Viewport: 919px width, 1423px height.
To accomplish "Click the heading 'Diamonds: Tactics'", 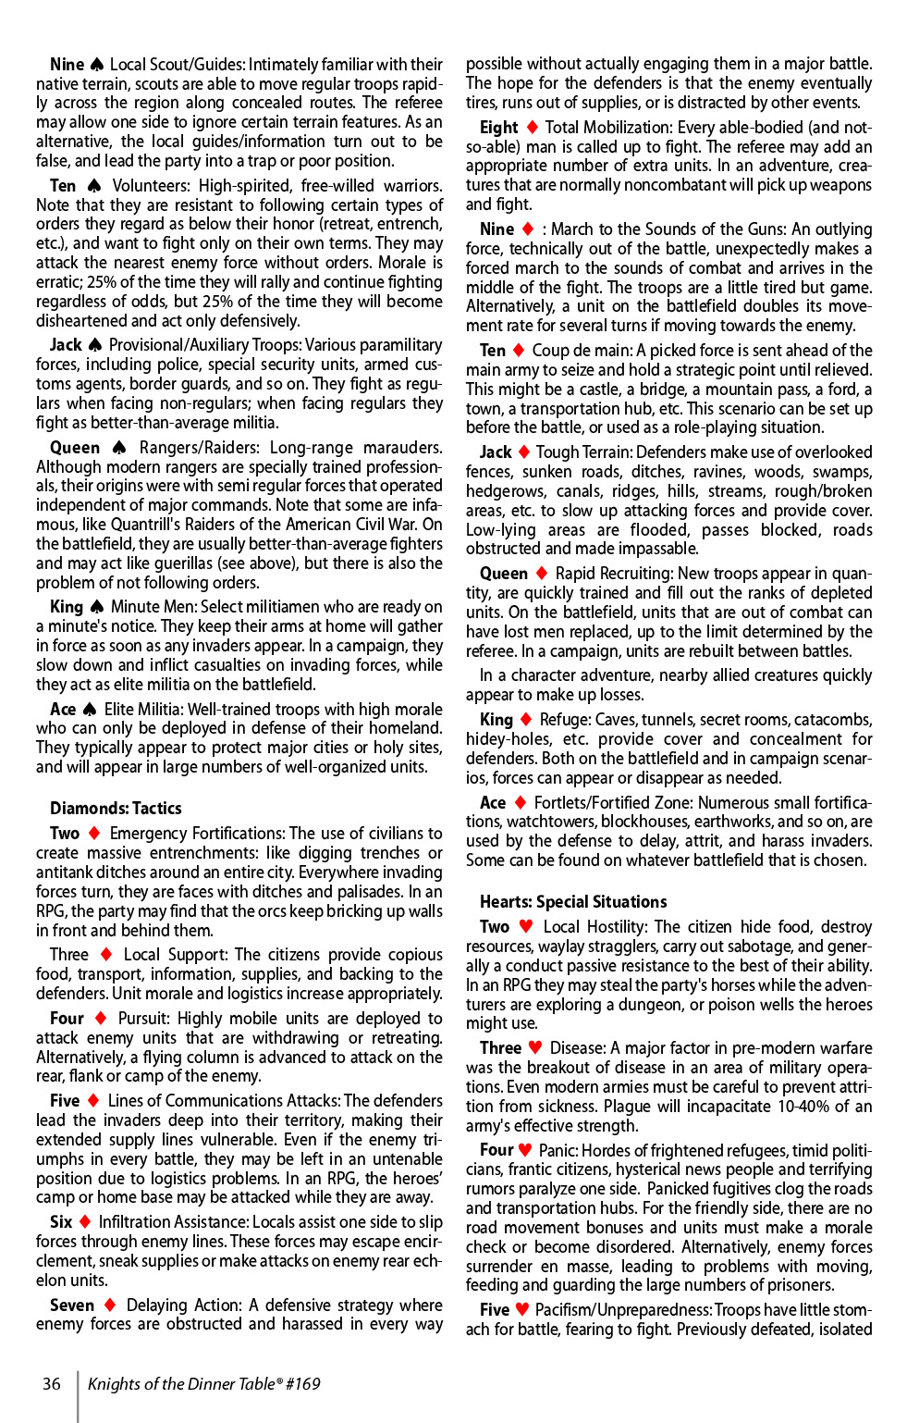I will [x=116, y=808].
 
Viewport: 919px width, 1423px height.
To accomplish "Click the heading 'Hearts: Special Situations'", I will [x=572, y=901].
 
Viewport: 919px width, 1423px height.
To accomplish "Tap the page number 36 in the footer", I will [x=52, y=1383].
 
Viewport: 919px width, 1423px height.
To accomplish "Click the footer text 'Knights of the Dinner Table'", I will [x=181, y=1383].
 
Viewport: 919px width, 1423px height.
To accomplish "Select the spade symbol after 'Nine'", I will [x=96, y=65].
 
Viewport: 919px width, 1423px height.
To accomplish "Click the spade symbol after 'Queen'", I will [x=118, y=448].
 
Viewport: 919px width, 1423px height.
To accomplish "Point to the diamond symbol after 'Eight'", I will [x=532, y=127].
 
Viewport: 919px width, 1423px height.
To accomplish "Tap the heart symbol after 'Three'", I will [x=535, y=1047].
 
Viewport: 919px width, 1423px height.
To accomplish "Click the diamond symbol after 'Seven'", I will [x=110, y=1305].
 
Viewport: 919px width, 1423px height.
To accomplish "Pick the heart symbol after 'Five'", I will [x=522, y=1309].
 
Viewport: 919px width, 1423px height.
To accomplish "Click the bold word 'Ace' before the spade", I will [x=63, y=709].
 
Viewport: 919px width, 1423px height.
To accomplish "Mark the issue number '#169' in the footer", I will [x=302, y=1383].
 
